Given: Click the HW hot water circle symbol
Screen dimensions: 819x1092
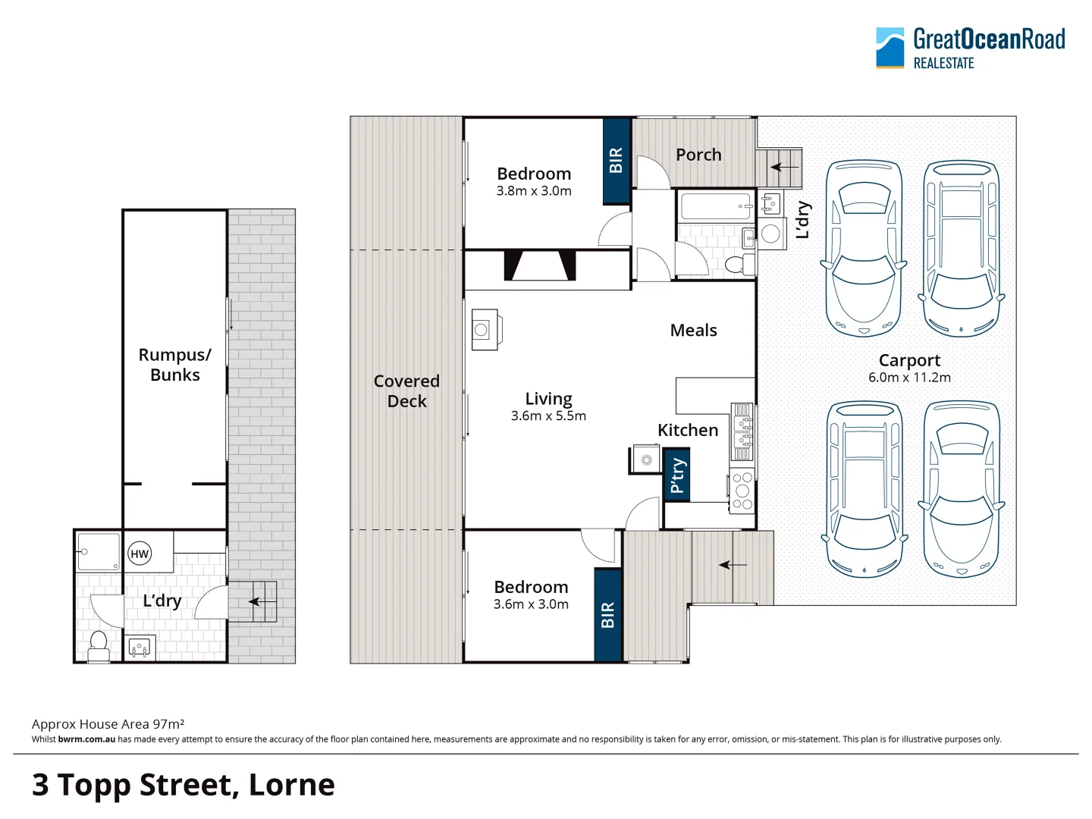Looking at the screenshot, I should [x=140, y=554].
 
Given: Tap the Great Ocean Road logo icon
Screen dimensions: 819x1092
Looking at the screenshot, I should [x=890, y=48].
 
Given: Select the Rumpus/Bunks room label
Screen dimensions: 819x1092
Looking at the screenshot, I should [x=175, y=365].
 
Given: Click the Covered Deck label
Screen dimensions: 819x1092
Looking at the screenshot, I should [x=406, y=391].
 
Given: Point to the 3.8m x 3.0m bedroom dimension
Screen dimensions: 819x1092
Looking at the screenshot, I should [x=534, y=191].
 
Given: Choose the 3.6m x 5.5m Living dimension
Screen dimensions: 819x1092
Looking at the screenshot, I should [x=548, y=416].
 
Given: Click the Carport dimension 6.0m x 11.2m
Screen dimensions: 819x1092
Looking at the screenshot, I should [x=909, y=377].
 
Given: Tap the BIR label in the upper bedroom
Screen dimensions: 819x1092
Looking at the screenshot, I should [x=616, y=160].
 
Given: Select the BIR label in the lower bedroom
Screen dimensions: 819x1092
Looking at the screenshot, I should [x=607, y=615].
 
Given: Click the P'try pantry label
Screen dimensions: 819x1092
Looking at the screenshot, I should [x=676, y=475].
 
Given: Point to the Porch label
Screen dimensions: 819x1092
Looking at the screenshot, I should [x=698, y=155].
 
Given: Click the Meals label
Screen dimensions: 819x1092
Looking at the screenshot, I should [x=693, y=330].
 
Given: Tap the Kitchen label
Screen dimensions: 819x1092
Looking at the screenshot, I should [x=688, y=430].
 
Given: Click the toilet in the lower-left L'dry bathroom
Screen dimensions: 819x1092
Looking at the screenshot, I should [x=99, y=645].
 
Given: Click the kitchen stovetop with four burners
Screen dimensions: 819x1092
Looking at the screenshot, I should [x=742, y=491].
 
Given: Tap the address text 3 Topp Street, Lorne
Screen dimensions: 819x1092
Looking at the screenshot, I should [x=184, y=785].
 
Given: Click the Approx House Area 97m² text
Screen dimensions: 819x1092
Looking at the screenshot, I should [x=108, y=724].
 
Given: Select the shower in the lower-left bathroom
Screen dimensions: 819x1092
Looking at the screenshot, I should [x=99, y=551].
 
